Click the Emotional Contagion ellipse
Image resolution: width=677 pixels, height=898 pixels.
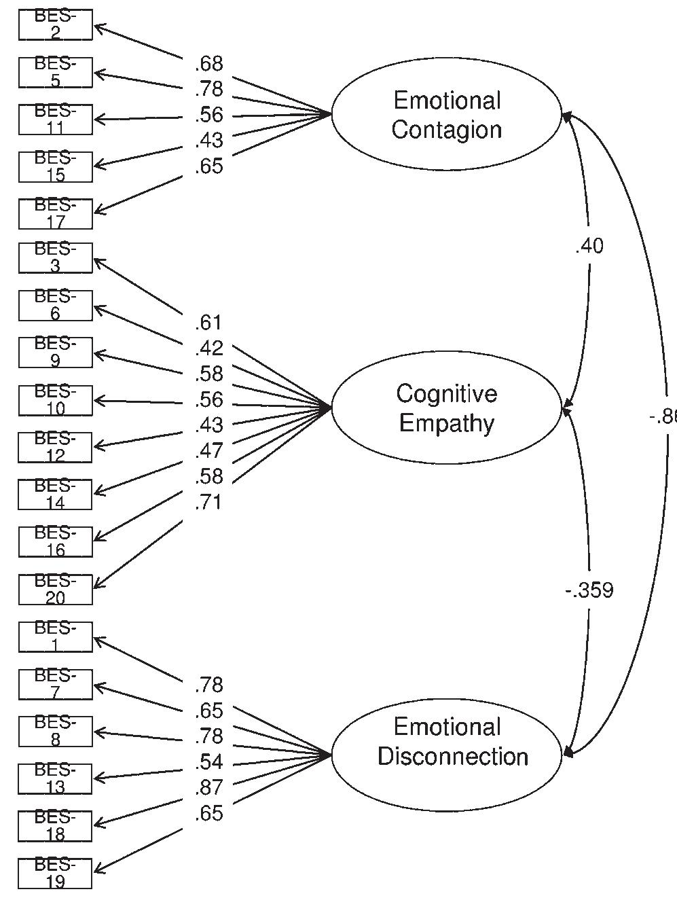447,115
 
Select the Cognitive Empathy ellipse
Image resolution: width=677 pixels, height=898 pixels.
447,408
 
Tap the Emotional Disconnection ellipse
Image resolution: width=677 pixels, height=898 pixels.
447,755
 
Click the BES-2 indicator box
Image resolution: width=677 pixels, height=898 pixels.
55,25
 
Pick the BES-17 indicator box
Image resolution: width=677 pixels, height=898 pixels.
55,213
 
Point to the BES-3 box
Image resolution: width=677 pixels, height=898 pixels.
55,258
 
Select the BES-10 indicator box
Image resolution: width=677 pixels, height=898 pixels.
55,400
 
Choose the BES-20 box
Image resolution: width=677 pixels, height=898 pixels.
55,589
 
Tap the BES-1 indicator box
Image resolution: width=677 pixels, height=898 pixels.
55,636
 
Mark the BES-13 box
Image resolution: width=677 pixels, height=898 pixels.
55,778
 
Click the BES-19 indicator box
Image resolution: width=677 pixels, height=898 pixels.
55,873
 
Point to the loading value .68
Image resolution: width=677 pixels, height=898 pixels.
208,64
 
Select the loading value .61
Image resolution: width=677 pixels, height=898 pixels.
208,323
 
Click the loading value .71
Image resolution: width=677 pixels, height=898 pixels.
208,503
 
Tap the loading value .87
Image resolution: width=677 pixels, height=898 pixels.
208,787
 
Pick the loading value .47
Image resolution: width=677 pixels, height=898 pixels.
208,451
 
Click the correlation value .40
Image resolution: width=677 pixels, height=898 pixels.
589,246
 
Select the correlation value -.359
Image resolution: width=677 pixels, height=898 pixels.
589,591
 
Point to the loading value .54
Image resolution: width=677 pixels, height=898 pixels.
208,762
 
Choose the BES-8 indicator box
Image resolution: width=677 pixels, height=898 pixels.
55,731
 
